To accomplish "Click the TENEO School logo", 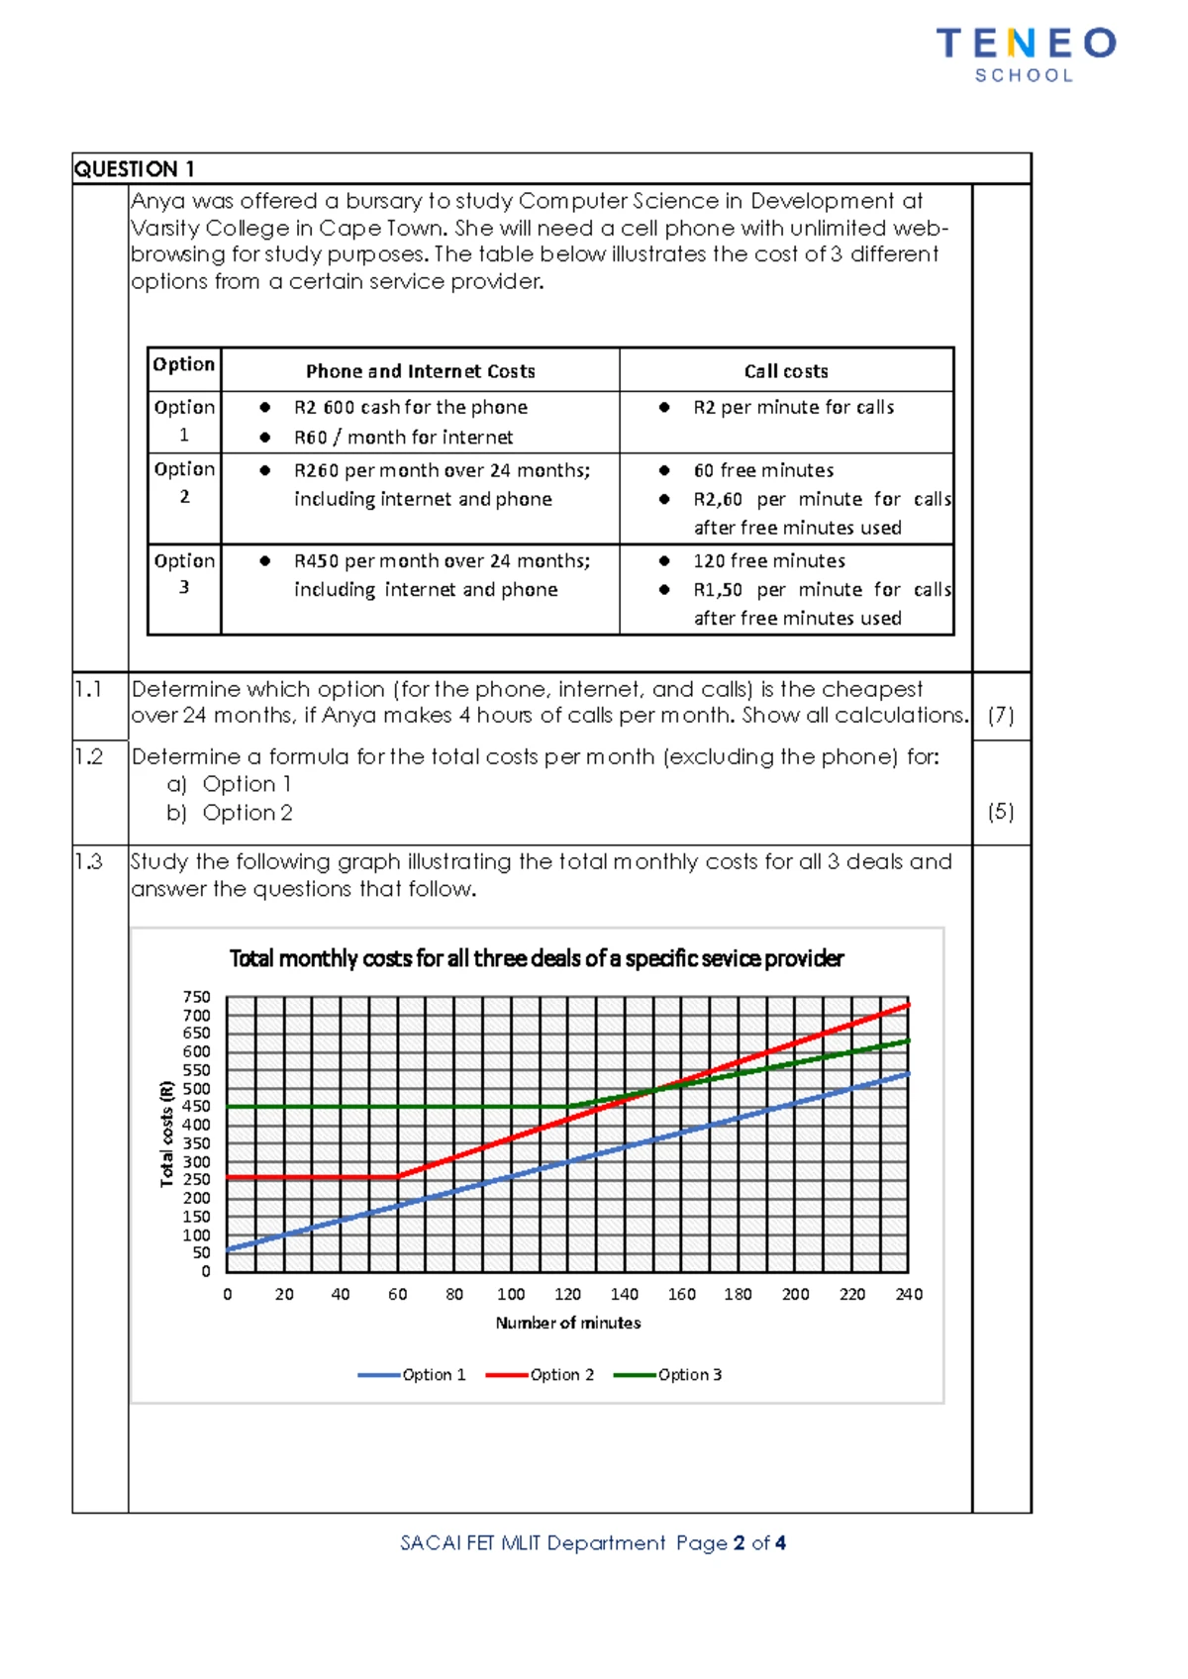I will pyautogui.click(x=1026, y=54).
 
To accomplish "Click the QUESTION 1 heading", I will pyautogui.click(x=134, y=169).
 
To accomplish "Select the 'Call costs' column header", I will pyautogui.click(x=786, y=371).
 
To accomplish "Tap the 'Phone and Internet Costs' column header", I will pyautogui.click(x=420, y=371).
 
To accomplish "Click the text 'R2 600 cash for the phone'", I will pyautogui.click(x=410, y=407).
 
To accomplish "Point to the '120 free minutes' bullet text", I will pyautogui.click(x=768, y=560).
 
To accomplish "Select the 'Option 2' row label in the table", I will pyautogui.click(x=184, y=482).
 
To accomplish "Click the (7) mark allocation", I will pyautogui.click(x=1001, y=715).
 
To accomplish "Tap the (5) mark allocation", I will pyautogui.click(x=1001, y=812).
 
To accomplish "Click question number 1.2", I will pyautogui.click(x=89, y=757).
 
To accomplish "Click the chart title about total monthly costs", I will pyautogui.click(x=536, y=958).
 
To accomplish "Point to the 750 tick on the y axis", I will pyautogui.click(x=196, y=997).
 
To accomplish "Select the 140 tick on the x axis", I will pyautogui.click(x=625, y=1294).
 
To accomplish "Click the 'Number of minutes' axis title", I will pyautogui.click(x=567, y=1323).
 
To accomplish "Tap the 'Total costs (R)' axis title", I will pyautogui.click(x=167, y=1134).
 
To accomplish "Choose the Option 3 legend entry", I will pyautogui.click(x=668, y=1375).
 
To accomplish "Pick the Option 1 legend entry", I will pyautogui.click(x=412, y=1375).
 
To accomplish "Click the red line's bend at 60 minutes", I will pyautogui.click(x=398, y=1176).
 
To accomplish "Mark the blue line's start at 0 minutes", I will pyautogui.click(x=228, y=1249).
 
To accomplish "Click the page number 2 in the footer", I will pyautogui.click(x=739, y=1542).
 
